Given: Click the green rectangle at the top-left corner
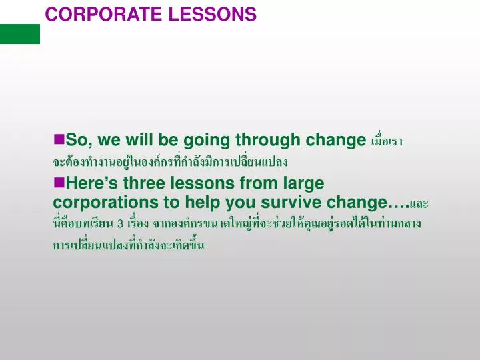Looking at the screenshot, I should (20, 33).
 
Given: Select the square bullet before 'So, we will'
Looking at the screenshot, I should (59, 139).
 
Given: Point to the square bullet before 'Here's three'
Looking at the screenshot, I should (59, 181).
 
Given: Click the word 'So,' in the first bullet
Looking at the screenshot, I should (79, 140).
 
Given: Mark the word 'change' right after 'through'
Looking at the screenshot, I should (331, 140).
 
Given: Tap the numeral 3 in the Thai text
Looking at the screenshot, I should (120, 223).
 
